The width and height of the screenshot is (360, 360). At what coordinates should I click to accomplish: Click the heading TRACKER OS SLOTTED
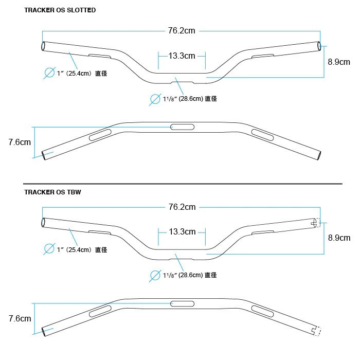60,10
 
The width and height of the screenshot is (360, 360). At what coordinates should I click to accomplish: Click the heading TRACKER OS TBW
52,192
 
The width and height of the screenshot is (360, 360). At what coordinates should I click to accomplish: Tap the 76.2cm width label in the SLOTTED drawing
182,30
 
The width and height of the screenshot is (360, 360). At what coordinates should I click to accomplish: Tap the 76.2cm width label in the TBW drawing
182,207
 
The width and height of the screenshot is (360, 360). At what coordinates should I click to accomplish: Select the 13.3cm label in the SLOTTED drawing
182,56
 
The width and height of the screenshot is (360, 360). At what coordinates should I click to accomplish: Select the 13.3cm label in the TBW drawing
182,231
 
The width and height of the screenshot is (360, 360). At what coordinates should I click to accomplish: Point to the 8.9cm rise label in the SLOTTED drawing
339,62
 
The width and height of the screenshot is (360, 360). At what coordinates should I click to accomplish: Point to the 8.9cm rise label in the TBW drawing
339,238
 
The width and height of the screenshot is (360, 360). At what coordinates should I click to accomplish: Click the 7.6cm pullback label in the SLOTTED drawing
20,142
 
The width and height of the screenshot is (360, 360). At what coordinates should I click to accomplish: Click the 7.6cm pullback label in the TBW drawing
20,318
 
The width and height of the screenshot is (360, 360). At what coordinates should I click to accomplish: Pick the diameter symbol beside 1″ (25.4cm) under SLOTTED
49,73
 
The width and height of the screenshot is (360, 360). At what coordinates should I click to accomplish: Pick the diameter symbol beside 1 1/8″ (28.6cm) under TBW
155,276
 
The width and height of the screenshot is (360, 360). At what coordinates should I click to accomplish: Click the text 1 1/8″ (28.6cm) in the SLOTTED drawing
183,99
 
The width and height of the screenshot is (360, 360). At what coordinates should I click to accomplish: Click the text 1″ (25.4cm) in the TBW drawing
75,249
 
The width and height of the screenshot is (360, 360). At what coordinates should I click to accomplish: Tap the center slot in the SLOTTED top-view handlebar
182,127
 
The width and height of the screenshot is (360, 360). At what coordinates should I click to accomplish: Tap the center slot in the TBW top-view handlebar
182,304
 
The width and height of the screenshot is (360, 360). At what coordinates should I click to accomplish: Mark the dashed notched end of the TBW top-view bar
316,331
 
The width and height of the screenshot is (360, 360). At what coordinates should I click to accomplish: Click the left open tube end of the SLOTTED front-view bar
43,46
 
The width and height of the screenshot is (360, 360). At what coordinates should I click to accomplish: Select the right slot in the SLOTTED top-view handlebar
263,135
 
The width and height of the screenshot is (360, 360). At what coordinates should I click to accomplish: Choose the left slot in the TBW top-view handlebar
100,311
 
